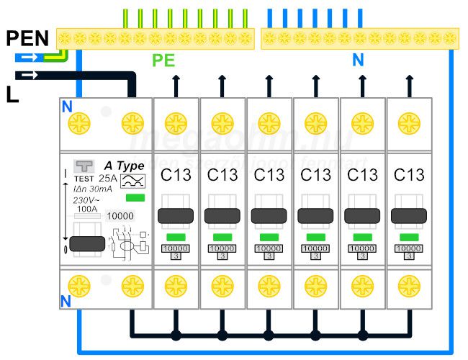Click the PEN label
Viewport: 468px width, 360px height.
[28, 38]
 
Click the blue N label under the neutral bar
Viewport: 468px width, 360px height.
[358, 60]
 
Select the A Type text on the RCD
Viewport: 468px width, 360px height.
[125, 166]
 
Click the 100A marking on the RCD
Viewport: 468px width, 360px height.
[89, 210]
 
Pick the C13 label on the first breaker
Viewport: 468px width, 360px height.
[176, 175]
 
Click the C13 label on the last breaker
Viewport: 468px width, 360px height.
[410, 175]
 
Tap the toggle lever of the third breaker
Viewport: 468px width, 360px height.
[270, 215]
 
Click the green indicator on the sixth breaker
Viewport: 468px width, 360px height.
[410, 237]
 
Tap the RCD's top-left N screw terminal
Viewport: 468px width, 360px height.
[76, 123]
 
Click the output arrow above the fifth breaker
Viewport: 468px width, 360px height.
[362, 85]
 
